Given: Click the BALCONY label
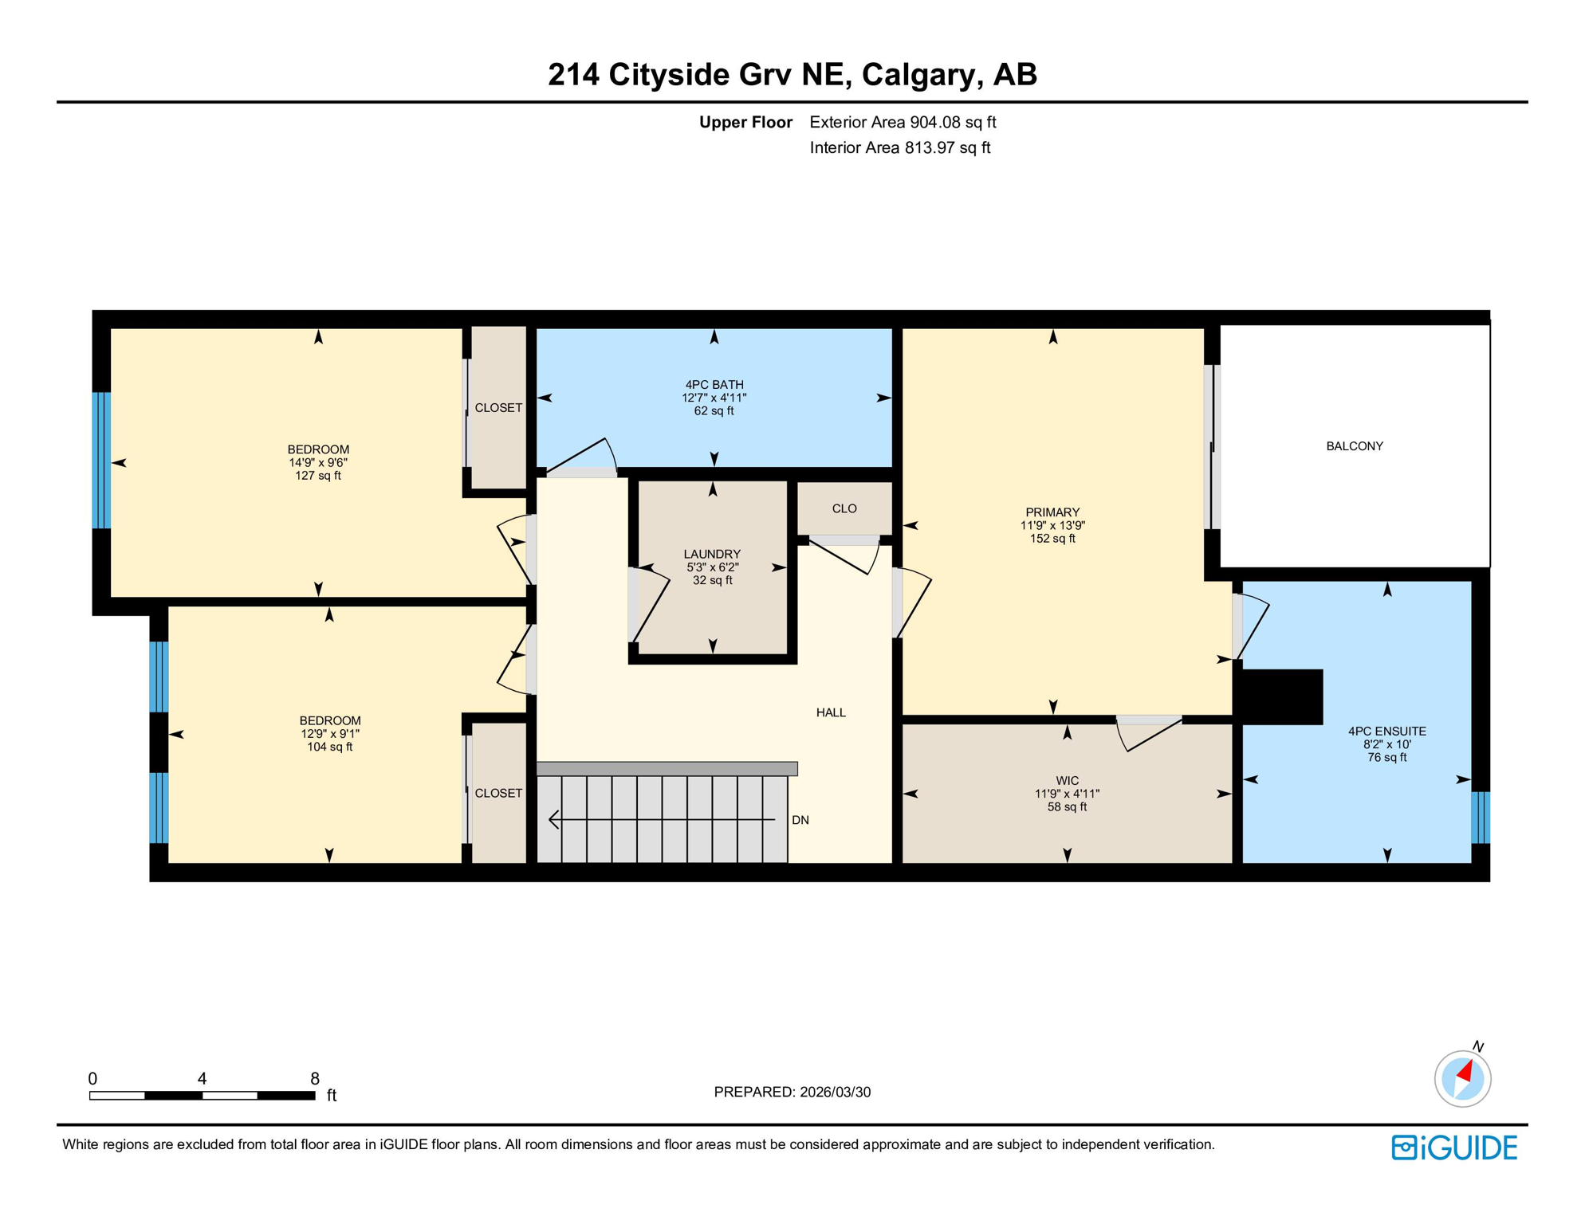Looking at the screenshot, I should pyautogui.click(x=1354, y=446).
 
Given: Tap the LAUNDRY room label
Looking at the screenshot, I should pyautogui.click(x=712, y=554).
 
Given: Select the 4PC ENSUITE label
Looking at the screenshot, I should pyautogui.click(x=1386, y=731).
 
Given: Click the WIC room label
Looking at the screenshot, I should pyautogui.click(x=1067, y=781).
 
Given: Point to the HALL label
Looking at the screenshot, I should pyautogui.click(x=831, y=712).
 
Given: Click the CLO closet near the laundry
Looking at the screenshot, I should pyautogui.click(x=844, y=508).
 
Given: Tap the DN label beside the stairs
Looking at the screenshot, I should pyautogui.click(x=800, y=820).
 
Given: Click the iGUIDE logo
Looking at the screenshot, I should pyautogui.click(x=1454, y=1147).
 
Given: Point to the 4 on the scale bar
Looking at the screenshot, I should pyautogui.click(x=203, y=1078).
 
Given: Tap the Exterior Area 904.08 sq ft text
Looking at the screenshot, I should pyautogui.click(x=903, y=122).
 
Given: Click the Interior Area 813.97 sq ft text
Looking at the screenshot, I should pyautogui.click(x=899, y=147).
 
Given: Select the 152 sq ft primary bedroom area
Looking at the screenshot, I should pyautogui.click(x=1052, y=539).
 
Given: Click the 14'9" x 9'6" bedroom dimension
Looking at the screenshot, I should pyautogui.click(x=318, y=462).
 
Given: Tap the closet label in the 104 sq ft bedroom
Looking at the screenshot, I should pyautogui.click(x=498, y=793).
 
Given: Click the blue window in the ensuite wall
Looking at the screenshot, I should pyautogui.click(x=1480, y=817).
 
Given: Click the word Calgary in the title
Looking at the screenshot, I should pyautogui.click(x=918, y=75).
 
